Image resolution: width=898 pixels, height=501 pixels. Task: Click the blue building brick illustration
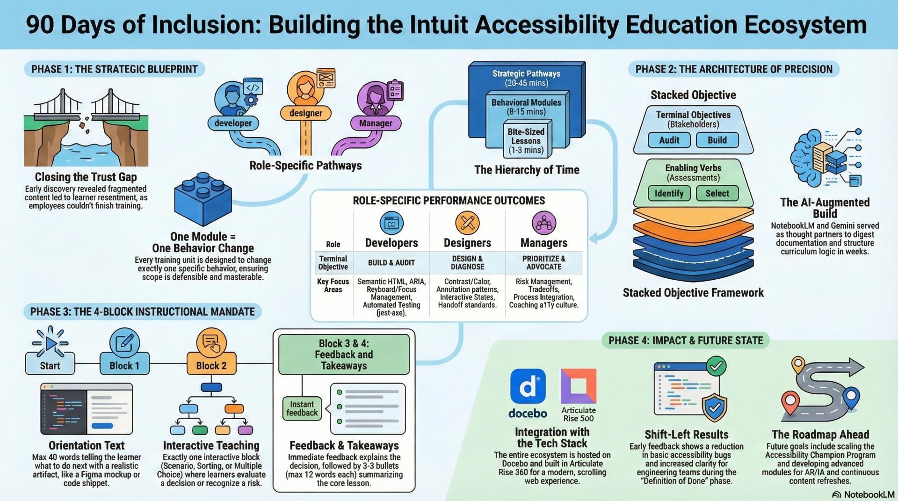coord(203,199)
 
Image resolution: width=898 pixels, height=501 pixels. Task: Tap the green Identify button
coord(669,193)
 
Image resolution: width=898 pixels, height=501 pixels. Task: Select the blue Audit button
coord(669,140)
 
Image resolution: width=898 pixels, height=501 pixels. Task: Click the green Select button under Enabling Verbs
coord(717,193)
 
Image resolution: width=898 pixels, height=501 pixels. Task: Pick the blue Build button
coord(717,140)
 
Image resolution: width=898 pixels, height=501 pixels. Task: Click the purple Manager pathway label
coord(376,123)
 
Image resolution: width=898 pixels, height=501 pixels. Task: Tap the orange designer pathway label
coord(305,113)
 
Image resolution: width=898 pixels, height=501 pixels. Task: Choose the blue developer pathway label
coord(233,123)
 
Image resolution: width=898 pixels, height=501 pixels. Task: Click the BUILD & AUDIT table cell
coord(391,262)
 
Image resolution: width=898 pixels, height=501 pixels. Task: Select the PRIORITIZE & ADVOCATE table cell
coord(543,262)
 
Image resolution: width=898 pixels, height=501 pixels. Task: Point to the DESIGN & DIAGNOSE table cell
coord(467,262)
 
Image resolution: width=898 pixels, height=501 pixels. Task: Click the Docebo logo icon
coord(528,386)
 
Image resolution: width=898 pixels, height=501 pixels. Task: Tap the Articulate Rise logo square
coord(579,386)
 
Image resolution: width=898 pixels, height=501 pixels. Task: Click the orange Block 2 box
coord(211,365)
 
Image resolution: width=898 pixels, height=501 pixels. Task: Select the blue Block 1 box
coord(124,365)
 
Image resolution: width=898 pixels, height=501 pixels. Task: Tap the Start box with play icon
coord(50,365)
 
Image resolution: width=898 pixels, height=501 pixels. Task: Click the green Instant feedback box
coord(302,408)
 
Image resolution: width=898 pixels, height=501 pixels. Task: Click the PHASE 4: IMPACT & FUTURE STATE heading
coord(685,341)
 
